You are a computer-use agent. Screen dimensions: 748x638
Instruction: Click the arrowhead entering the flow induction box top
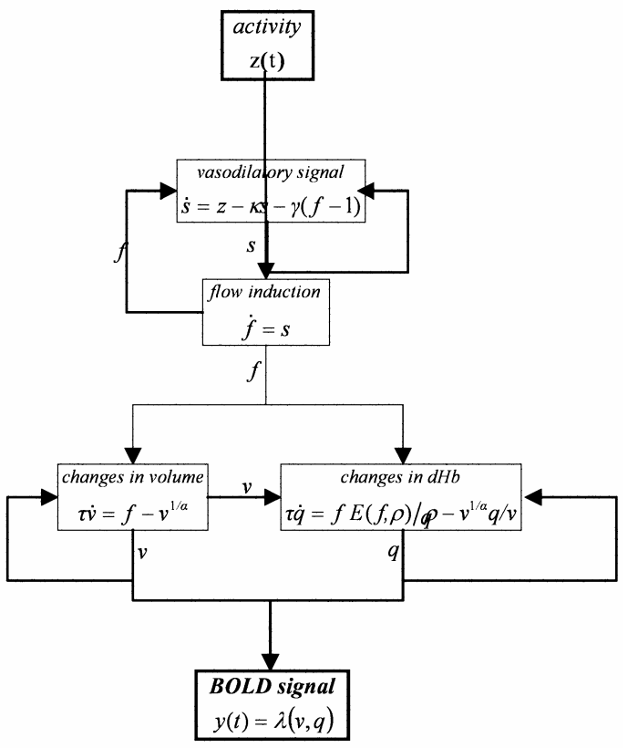(x=264, y=272)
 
